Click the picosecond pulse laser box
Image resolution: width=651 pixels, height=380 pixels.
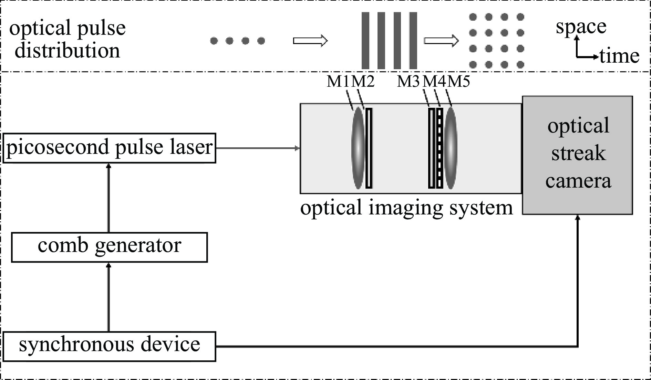click(109, 148)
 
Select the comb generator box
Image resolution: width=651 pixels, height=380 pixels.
click(109, 247)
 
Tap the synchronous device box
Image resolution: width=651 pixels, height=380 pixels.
click(109, 346)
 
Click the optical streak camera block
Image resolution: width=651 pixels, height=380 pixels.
click(577, 155)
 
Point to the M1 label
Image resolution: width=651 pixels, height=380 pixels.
click(338, 82)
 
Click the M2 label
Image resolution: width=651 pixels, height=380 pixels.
click(363, 82)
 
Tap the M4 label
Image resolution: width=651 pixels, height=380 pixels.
click(434, 82)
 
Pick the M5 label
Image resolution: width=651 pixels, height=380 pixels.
click(459, 82)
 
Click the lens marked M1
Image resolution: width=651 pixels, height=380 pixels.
click(358, 148)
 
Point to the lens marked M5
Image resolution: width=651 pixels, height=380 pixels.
click(451, 148)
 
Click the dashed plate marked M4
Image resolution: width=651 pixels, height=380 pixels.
click(440, 148)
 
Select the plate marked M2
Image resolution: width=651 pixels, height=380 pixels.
click(369, 148)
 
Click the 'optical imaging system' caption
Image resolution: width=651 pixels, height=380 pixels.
click(406, 208)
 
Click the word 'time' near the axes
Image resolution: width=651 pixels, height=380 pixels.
click(619, 56)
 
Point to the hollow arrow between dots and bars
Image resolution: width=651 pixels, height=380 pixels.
click(310, 41)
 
